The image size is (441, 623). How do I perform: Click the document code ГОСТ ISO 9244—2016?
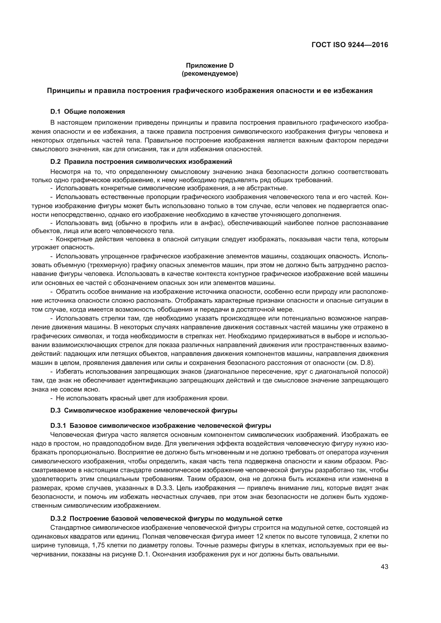coord(350,45)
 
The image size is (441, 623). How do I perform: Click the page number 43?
coord(384,567)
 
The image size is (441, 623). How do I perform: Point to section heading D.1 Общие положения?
coord(87,112)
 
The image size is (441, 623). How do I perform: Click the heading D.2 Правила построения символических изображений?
coord(141,162)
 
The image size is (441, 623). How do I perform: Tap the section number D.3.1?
coord(58,425)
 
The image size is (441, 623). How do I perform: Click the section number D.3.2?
coord(58,519)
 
